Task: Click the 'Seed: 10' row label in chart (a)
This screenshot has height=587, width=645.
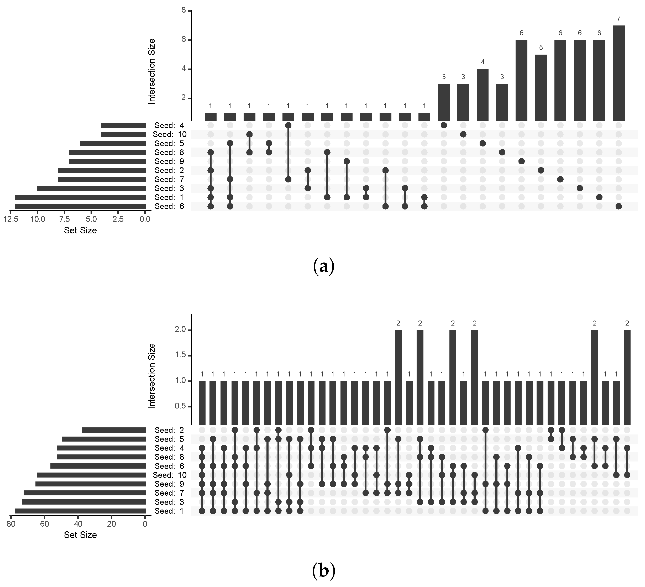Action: click(x=170, y=134)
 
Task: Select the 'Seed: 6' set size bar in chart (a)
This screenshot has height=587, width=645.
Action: click(x=80, y=206)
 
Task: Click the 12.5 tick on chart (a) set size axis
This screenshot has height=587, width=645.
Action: click(x=10, y=219)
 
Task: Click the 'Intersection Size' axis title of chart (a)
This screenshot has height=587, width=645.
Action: click(x=152, y=71)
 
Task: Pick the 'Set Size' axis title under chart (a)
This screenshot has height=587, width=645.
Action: click(x=80, y=230)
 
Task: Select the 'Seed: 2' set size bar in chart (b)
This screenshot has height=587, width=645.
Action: click(x=114, y=430)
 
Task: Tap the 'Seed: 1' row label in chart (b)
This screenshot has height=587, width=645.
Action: click(x=169, y=511)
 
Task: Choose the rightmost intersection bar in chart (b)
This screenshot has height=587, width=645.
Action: click(x=627, y=378)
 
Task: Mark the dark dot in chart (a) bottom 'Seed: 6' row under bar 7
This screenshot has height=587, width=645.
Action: click(x=618, y=206)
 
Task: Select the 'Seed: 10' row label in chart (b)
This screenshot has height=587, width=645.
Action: click(x=170, y=475)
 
